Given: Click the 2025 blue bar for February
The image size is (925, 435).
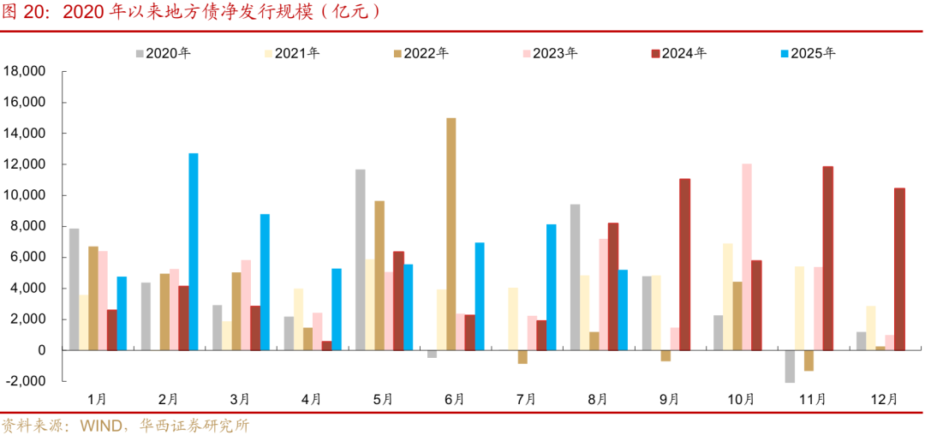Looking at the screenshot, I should tap(194, 252).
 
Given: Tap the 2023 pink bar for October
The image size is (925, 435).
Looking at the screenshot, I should tap(747, 257).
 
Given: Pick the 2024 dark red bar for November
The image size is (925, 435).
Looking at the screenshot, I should tap(827, 258).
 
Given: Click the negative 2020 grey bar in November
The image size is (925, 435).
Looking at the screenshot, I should tap(790, 366).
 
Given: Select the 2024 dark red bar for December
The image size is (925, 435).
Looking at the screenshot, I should tap(899, 269).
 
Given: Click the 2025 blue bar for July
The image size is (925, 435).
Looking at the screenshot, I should tap(552, 287).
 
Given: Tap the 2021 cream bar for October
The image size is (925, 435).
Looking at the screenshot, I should tap(727, 296).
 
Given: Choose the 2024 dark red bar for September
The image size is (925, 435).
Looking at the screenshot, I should tap(684, 265).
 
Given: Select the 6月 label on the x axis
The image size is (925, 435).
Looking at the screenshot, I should tap(455, 399).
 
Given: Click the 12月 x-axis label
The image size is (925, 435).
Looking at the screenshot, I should tap(885, 399).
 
